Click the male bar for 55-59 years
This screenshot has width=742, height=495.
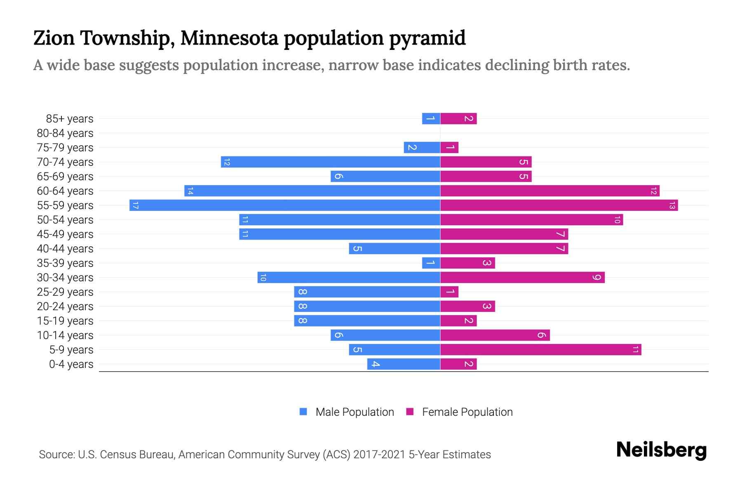click(x=284, y=205)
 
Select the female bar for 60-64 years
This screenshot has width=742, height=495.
click(x=549, y=191)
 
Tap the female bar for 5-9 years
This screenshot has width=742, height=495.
click(x=540, y=349)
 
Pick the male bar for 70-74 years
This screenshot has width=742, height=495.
click(x=330, y=162)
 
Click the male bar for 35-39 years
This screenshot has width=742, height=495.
click(x=431, y=263)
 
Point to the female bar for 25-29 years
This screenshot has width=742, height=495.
click(x=449, y=292)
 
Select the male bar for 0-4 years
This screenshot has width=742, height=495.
click(x=404, y=364)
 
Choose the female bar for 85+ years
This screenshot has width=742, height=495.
click(x=458, y=118)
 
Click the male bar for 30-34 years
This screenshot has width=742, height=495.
click(x=349, y=277)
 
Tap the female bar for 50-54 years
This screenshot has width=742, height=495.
click(x=531, y=219)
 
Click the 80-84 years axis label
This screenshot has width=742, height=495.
click(x=65, y=133)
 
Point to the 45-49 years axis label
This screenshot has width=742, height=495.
click(x=65, y=234)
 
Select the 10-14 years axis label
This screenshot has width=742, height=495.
click(x=65, y=335)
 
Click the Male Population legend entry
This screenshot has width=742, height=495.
click(x=354, y=412)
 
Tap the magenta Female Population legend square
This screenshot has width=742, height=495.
click(x=410, y=412)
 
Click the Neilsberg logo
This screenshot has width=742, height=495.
click(x=661, y=450)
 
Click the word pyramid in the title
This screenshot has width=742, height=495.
click(x=427, y=38)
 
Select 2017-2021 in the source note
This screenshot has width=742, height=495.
click(x=379, y=455)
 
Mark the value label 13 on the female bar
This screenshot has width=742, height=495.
click(x=672, y=205)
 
